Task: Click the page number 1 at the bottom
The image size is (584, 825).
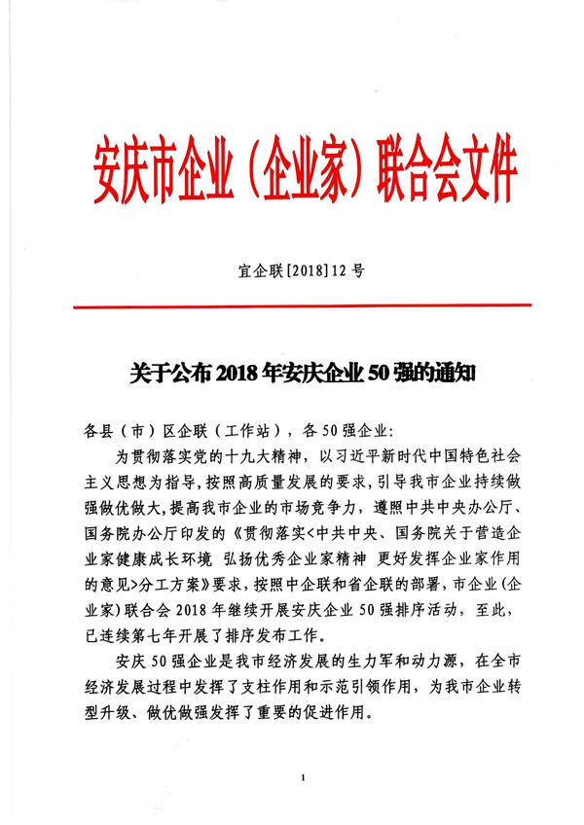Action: click(x=304, y=779)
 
